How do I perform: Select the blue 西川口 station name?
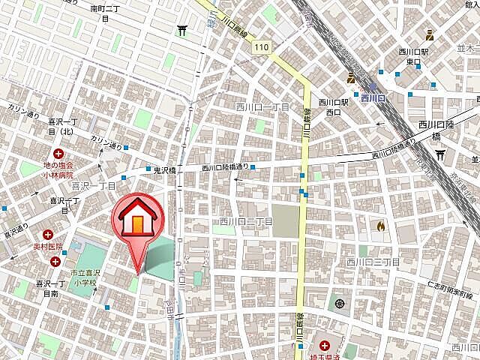[372, 97]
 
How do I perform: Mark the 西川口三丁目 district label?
[373, 262]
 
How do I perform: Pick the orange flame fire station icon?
[381, 223]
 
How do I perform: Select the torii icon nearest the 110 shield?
[182, 30]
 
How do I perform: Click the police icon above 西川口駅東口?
[429, 34]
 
